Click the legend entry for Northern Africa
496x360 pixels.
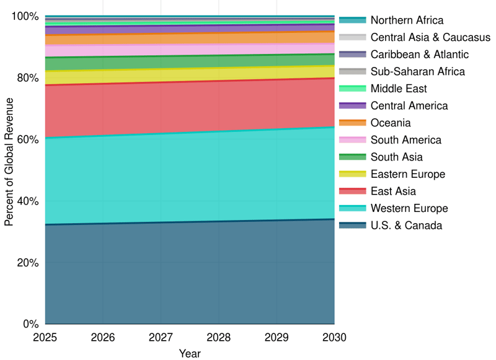pos(407,20)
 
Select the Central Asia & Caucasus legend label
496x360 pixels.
pos(430,38)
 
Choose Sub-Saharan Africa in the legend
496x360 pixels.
pos(417,72)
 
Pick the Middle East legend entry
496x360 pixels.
pos(399,89)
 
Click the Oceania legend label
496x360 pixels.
pos(391,123)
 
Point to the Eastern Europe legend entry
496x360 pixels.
pos(408,174)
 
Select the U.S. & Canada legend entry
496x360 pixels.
pos(406,226)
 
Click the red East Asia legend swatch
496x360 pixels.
pos(353,191)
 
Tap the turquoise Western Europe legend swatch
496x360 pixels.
pos(353,208)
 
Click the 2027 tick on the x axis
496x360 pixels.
pos(161,337)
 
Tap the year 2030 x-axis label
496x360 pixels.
pos(334,337)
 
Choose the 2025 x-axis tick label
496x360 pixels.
pos(45,337)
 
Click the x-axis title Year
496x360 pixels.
pos(190,353)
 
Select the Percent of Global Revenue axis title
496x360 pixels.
pos(9,169)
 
